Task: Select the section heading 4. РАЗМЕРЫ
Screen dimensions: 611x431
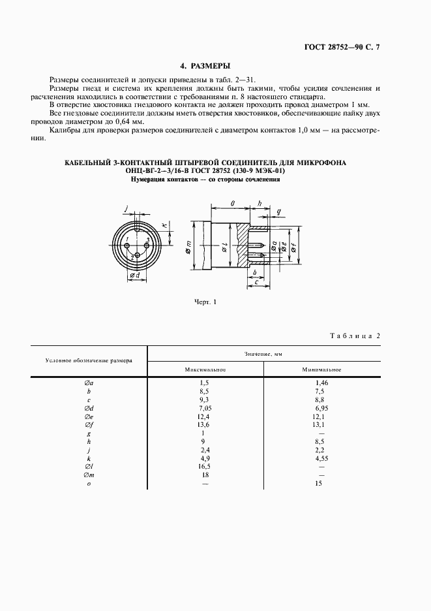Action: pos(205,66)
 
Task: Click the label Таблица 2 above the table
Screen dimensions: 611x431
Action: pos(355,336)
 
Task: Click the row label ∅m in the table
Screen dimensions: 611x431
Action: pos(88,475)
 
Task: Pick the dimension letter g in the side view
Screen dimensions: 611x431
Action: pos(278,212)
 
